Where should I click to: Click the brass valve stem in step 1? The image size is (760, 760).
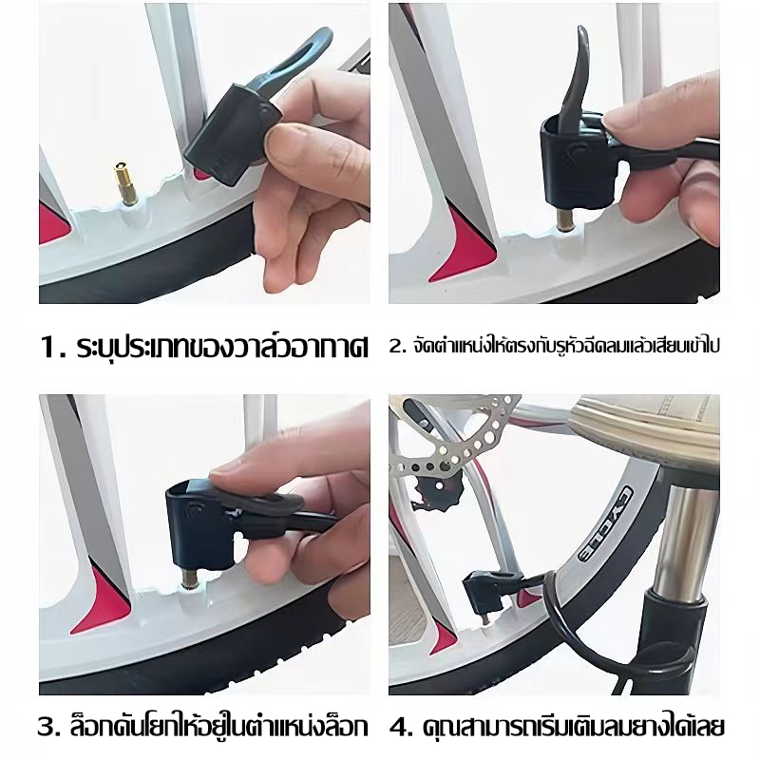124,184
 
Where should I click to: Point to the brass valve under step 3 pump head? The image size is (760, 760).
188,579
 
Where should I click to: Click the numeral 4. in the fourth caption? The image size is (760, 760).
401,728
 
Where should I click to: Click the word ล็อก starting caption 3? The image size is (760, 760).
93,726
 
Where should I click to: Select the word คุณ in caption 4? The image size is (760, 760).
437,728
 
